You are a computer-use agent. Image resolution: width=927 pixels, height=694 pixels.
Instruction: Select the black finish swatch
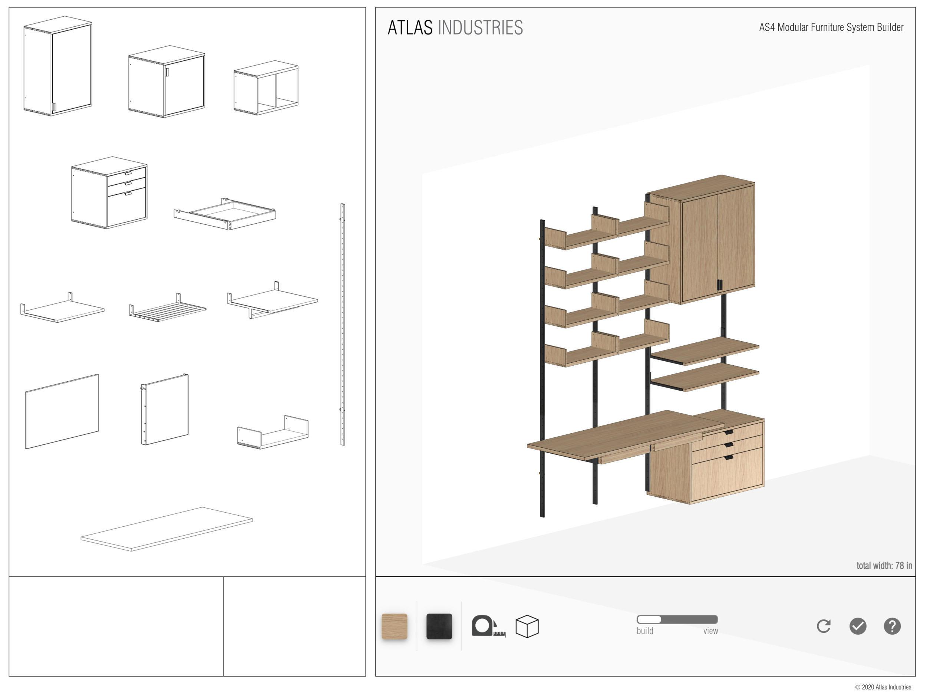pos(439,626)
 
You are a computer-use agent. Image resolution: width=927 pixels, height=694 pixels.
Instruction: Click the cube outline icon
pos(527,626)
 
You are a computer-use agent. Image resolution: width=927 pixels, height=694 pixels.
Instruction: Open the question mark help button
pos(892,626)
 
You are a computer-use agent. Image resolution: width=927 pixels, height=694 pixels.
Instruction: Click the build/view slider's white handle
pos(649,619)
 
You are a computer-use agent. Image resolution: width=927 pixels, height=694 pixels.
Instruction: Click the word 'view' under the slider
pos(710,631)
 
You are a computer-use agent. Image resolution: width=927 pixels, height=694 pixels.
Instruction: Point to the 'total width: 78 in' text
pos(884,566)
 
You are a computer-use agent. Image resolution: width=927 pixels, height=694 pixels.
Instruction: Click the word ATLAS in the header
pos(410,28)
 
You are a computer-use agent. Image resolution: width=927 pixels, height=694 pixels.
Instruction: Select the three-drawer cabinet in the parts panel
pos(110,193)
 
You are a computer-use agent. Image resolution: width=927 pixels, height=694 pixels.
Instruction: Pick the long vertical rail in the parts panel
pos(342,324)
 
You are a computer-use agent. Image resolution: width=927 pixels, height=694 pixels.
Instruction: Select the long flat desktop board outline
pos(167,529)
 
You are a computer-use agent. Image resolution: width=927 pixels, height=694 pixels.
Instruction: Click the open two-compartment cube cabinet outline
pos(266,88)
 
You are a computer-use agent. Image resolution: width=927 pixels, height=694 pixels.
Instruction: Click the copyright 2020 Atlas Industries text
pos(883,687)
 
